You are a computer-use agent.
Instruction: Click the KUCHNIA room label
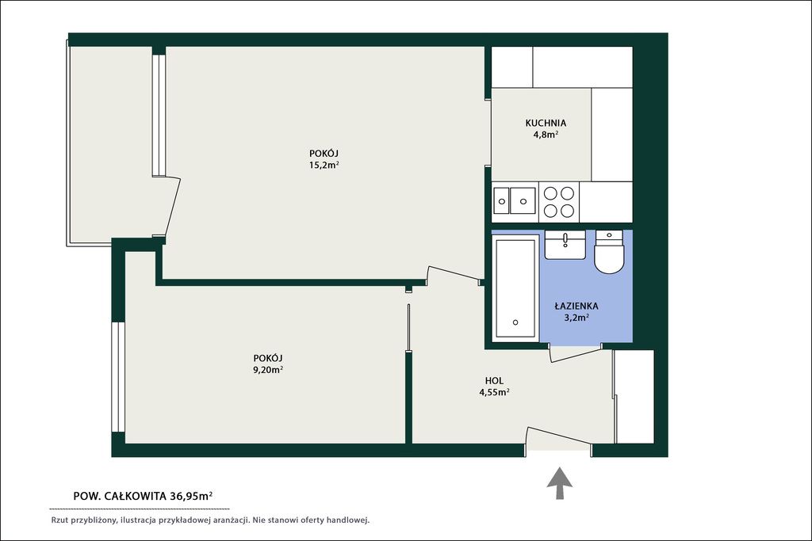coord(546,123)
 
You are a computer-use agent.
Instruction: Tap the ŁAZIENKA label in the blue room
coord(576,306)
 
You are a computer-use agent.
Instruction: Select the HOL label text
coord(495,381)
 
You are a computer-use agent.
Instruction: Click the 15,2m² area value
coord(324,165)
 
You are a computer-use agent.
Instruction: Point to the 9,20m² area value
coord(268,369)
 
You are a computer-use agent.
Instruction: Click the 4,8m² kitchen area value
coord(546,135)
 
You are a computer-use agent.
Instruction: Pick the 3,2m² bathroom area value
coord(576,317)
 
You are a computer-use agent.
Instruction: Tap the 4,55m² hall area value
coord(494,392)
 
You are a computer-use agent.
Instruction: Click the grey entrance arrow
coord(560,483)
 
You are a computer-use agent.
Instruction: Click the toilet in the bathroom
coord(610,252)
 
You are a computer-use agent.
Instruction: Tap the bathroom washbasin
coord(565,245)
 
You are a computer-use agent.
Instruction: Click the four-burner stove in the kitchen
coord(559,202)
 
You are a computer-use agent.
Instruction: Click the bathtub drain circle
coord(515,322)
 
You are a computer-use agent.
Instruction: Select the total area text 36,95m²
coord(191,496)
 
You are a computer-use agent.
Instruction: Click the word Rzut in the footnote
coord(59,520)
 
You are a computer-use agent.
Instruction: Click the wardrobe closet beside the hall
coord(634,397)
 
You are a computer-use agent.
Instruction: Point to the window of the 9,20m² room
coord(118,376)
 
